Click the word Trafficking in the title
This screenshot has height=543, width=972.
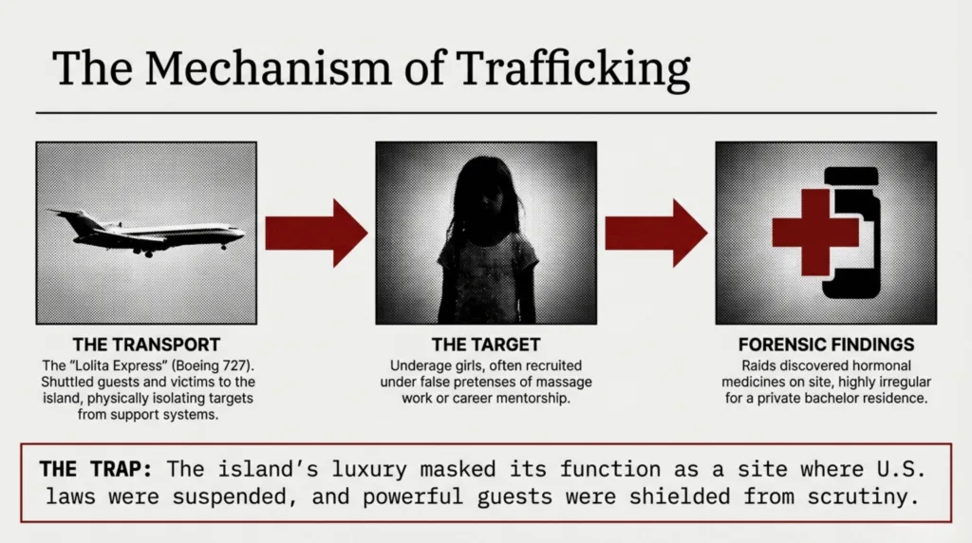(573, 68)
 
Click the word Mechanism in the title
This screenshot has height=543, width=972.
(268, 67)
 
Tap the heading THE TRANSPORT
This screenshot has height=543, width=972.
(146, 345)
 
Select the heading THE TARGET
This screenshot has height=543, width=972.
(486, 345)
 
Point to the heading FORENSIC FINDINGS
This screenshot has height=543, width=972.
(826, 345)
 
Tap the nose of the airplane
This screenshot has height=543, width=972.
(242, 234)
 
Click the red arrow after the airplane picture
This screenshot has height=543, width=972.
(316, 234)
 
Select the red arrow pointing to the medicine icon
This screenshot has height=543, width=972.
(656, 234)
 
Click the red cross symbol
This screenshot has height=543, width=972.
(815, 233)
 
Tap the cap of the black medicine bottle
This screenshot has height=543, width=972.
(851, 176)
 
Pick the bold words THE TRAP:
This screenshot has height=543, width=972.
(96, 469)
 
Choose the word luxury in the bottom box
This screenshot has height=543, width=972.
(369, 469)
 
